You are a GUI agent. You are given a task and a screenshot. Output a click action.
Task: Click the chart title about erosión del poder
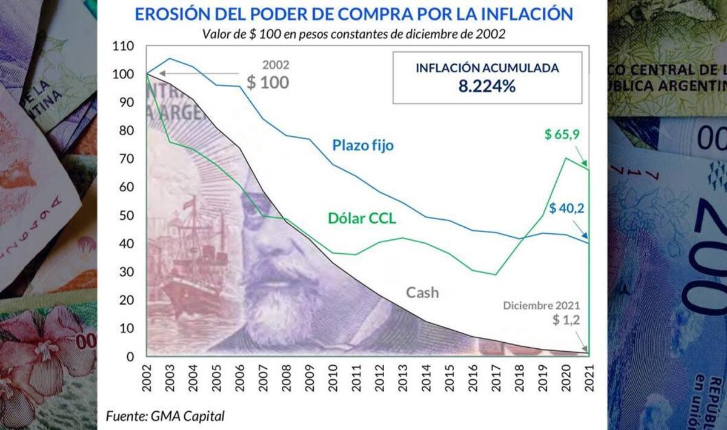click(x=353, y=14)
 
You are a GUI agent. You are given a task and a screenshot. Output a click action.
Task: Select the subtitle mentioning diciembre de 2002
click(x=354, y=34)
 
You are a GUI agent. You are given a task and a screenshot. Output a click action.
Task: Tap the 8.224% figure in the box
click(x=486, y=86)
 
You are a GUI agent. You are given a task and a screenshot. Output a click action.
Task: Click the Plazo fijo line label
click(x=363, y=145)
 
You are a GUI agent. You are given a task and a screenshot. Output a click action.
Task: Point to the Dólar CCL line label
click(x=362, y=219)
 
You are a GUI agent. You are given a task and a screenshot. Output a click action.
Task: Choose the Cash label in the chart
click(x=422, y=293)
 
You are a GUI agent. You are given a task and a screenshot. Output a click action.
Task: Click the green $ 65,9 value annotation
click(x=563, y=134)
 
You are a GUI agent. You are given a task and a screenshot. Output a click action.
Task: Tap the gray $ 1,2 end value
click(x=566, y=320)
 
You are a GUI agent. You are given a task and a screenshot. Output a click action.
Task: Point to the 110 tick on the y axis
click(x=122, y=46)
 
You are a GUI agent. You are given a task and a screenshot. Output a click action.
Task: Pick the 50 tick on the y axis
click(x=125, y=216)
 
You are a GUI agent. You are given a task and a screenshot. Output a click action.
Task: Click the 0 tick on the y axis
click(x=130, y=357)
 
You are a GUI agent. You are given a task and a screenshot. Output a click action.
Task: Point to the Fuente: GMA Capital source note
click(x=165, y=416)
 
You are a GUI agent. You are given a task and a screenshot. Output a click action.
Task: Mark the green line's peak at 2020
click(x=565, y=159)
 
